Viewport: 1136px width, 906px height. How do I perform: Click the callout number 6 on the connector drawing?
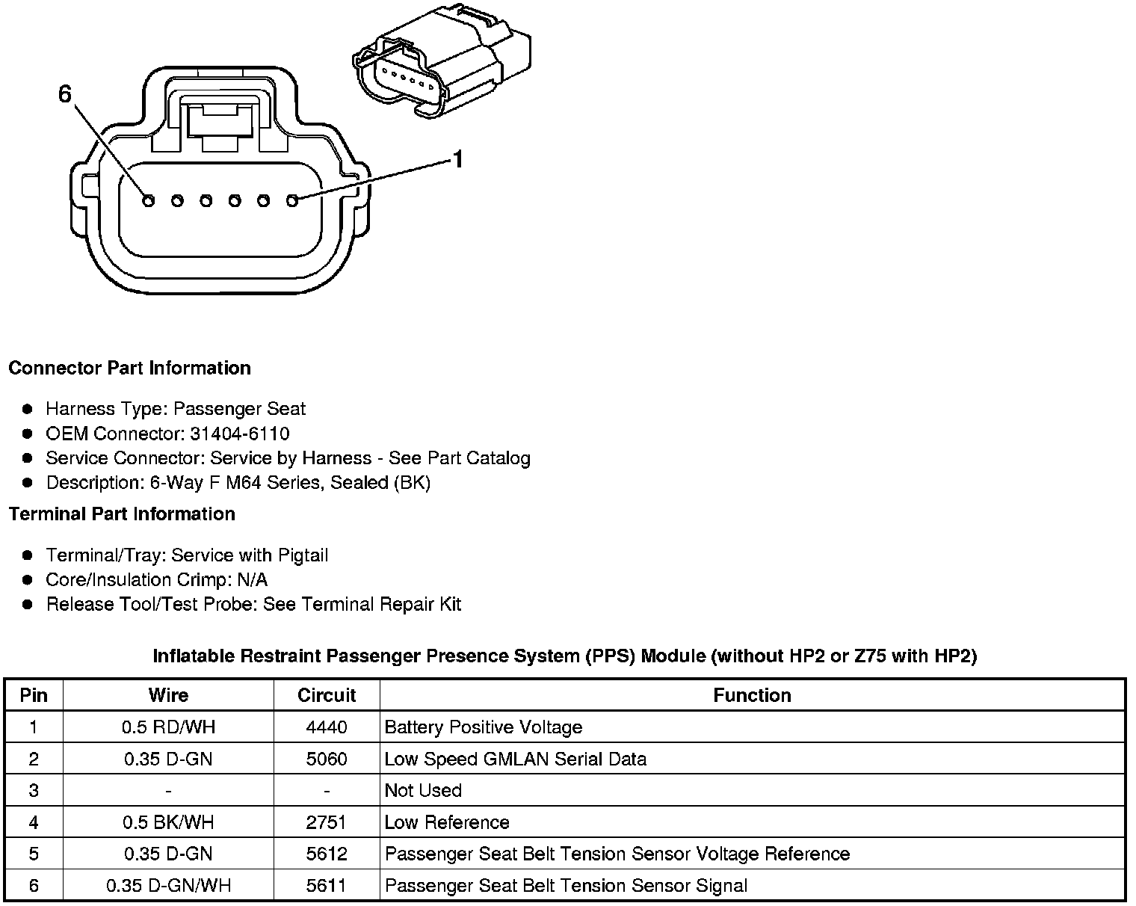(65, 94)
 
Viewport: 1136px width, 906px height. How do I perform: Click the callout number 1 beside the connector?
(457, 159)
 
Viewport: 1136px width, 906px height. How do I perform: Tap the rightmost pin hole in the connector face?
(292, 200)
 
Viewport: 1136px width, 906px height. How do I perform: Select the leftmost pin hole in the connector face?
(148, 200)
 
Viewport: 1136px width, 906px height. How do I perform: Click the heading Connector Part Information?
(129, 368)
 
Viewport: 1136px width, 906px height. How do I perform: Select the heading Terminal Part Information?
(122, 514)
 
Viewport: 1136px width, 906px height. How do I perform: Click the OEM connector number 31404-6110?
(240, 434)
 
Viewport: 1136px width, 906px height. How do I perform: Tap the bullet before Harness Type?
(28, 409)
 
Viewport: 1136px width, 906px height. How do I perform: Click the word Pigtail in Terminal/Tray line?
(303, 555)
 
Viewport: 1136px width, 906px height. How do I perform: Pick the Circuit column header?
(327, 695)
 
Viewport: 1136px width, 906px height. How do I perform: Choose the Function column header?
(752, 695)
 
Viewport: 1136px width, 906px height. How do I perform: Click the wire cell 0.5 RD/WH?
(168, 727)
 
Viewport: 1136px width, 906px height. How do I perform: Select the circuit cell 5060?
(327, 759)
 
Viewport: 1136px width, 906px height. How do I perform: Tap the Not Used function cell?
(423, 791)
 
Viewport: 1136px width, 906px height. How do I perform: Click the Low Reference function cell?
(447, 823)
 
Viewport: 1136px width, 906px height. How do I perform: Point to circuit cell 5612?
(327, 854)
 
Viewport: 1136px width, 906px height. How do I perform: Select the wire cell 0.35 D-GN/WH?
(168, 886)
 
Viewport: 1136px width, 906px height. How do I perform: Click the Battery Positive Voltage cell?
(483, 727)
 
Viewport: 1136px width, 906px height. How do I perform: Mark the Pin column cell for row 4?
(34, 823)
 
